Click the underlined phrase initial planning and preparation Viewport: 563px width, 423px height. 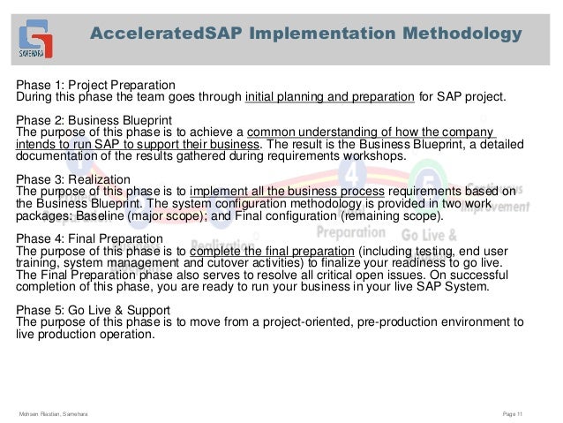coord(329,97)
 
